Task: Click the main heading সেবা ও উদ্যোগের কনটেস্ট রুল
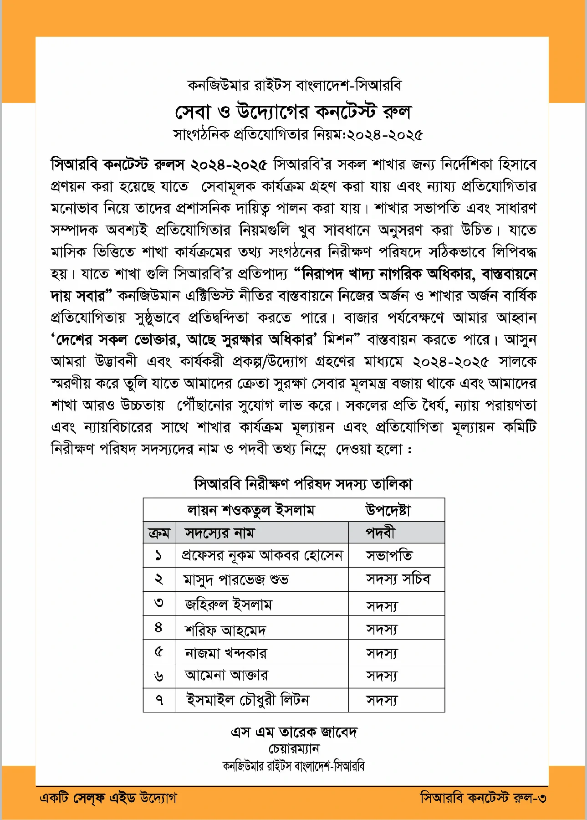(x=293, y=111)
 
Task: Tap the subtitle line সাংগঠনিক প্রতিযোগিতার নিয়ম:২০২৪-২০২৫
(x=298, y=135)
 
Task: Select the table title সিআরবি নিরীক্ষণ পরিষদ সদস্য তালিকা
(x=303, y=484)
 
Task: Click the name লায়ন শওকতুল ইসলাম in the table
(x=251, y=510)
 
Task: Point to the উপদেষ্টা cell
(x=388, y=510)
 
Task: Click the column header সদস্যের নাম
(x=219, y=533)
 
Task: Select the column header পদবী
(x=380, y=533)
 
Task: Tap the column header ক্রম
(x=159, y=533)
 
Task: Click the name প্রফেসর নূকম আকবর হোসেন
(x=262, y=555)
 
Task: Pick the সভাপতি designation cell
(x=389, y=555)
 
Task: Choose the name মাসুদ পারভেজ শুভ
(x=235, y=579)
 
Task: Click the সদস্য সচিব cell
(x=398, y=579)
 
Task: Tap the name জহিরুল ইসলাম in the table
(x=228, y=605)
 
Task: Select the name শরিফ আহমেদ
(x=225, y=630)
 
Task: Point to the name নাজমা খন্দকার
(x=225, y=653)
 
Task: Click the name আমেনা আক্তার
(x=226, y=676)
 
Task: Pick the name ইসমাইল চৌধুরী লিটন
(x=247, y=700)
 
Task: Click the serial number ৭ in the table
(x=159, y=700)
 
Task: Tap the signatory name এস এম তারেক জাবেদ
(x=294, y=732)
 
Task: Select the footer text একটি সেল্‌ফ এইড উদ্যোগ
(x=108, y=798)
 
